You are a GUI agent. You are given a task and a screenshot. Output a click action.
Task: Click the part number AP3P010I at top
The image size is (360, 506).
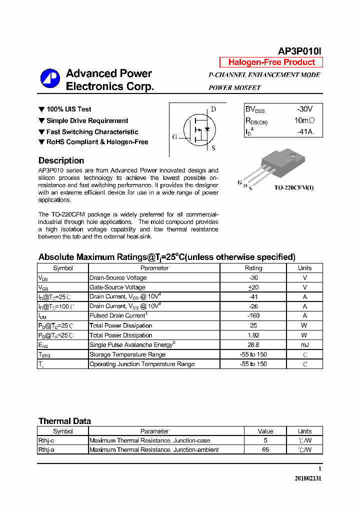pyautogui.click(x=299, y=51)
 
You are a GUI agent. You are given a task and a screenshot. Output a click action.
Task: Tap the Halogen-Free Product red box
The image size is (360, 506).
pyautogui.click(x=271, y=62)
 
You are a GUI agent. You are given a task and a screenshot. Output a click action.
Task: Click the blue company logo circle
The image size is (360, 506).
pyautogui.click(x=50, y=79)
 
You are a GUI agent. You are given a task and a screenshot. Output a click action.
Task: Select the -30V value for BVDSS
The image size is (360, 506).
pyautogui.click(x=304, y=109)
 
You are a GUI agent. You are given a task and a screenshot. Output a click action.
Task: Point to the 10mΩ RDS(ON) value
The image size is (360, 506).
pyautogui.click(x=304, y=120)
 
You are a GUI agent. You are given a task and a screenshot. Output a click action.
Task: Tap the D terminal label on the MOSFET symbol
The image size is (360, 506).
pyautogui.click(x=213, y=109)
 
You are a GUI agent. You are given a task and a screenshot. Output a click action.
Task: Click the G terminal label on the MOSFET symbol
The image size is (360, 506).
pyautogui.click(x=174, y=136)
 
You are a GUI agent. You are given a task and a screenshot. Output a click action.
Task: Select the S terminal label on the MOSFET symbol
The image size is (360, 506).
pyautogui.click(x=213, y=148)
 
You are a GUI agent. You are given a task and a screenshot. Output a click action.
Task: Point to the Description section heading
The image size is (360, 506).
pyautogui.click(x=61, y=160)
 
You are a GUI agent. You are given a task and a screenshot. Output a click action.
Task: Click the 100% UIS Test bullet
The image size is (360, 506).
pyautogui.click(x=68, y=109)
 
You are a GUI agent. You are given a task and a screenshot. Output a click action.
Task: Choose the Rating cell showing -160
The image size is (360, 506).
pyautogui.click(x=253, y=316)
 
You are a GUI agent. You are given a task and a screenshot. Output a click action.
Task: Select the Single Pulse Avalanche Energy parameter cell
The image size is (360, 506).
pyautogui.click(x=131, y=345)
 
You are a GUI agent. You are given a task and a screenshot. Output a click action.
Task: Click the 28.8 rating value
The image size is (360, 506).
pyautogui.click(x=253, y=345)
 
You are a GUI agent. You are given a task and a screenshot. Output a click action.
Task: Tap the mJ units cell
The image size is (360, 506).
pyautogui.click(x=304, y=345)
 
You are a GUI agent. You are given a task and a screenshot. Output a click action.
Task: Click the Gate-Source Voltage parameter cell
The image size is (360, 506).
pyautogui.click(x=117, y=287)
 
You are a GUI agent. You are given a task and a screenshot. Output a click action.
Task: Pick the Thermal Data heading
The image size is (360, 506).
pyautogui.click(x=64, y=421)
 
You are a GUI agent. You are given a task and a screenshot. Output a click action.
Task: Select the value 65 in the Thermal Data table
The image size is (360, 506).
pyautogui.click(x=265, y=450)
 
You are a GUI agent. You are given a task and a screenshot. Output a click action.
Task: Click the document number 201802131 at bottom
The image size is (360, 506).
pyautogui.click(x=308, y=478)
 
